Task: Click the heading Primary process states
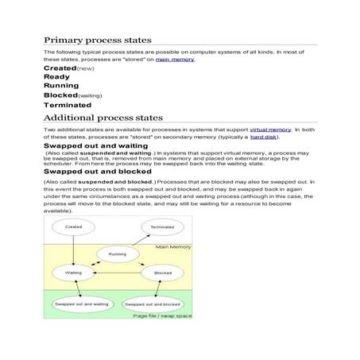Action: click(97, 40)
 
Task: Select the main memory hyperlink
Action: click(175, 60)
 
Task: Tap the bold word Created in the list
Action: click(60, 69)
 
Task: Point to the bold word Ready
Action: click(56, 77)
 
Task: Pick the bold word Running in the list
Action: click(60, 86)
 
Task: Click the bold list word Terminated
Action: click(68, 105)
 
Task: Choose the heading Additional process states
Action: click(103, 118)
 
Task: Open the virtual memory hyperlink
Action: click(270, 129)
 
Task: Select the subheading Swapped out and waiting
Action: click(95, 147)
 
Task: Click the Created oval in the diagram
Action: click(73, 227)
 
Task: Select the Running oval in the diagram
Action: click(118, 254)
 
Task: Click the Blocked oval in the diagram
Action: click(163, 273)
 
